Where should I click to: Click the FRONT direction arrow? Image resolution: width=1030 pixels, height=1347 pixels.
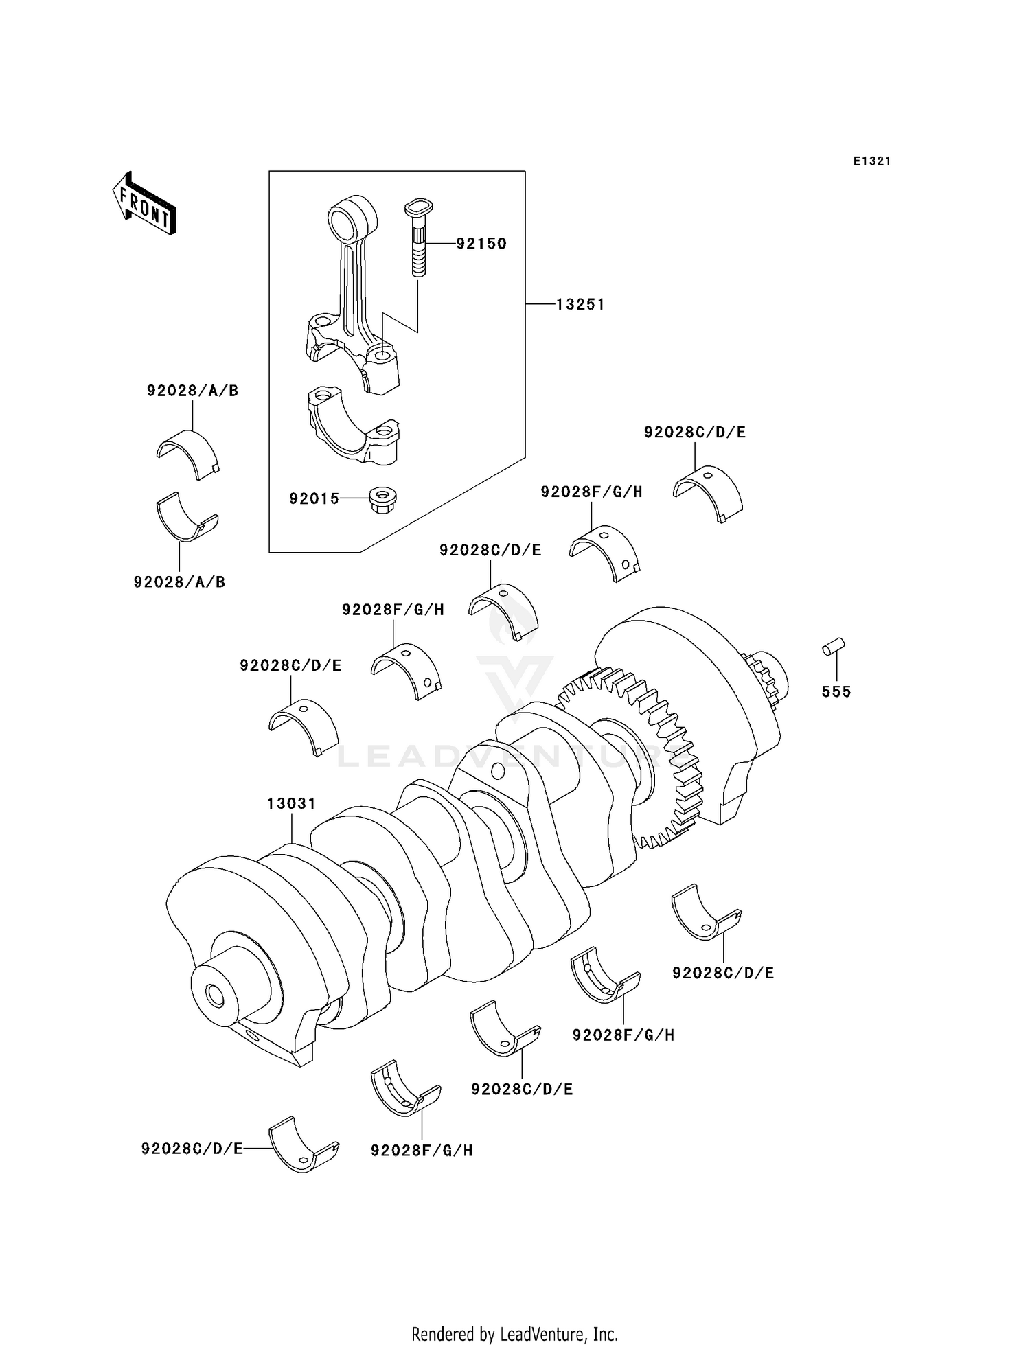145,204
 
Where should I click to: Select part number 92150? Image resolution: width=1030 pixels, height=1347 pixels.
481,244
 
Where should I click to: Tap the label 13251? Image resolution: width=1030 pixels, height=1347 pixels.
580,304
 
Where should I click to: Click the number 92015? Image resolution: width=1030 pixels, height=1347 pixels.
314,499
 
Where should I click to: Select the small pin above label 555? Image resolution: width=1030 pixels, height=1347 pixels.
834,647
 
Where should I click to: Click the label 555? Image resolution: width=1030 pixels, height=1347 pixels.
836,692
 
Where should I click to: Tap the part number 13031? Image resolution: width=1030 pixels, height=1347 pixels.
291,803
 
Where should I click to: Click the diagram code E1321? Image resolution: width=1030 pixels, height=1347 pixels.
872,161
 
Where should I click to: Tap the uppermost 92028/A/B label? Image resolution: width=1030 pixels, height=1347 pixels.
192,391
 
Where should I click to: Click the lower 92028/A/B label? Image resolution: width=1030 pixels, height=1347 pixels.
179,582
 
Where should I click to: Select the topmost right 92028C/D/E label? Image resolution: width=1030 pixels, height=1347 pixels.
694,433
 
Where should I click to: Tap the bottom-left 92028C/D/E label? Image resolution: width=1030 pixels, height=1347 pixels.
192,1149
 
